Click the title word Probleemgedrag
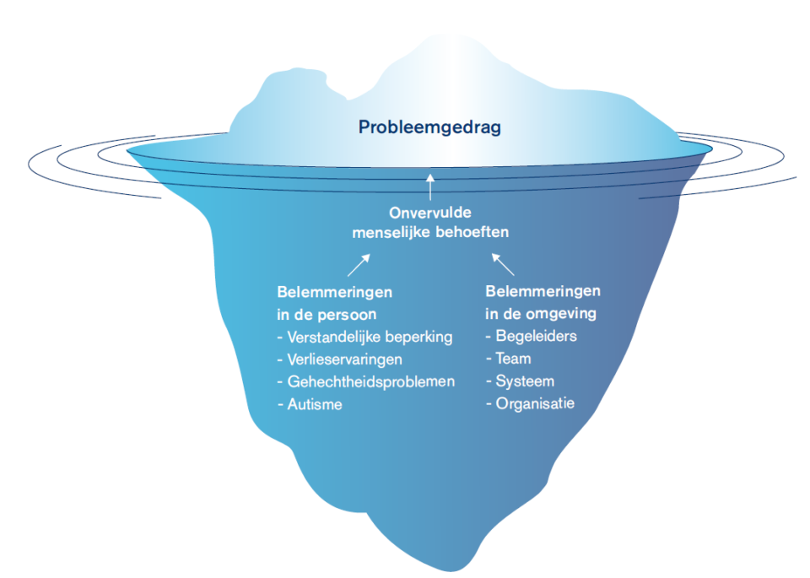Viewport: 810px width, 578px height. coord(429,127)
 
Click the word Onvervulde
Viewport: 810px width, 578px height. coord(430,213)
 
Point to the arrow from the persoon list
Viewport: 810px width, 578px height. coord(358,266)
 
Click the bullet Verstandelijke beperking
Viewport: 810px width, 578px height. coord(370,337)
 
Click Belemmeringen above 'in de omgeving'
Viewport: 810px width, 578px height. coord(543,291)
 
